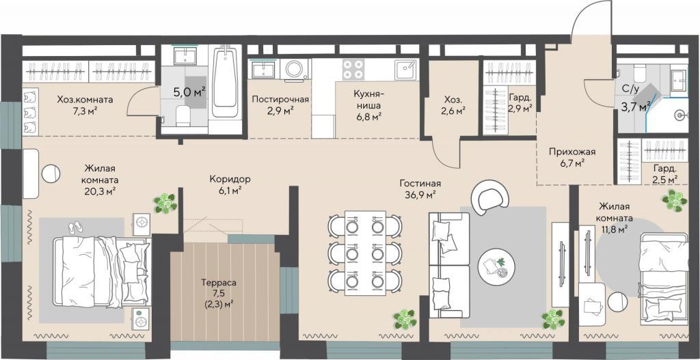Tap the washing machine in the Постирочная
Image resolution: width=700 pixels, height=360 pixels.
294,69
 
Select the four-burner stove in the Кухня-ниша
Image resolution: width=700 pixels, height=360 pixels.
353,69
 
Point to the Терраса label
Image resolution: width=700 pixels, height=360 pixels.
218,283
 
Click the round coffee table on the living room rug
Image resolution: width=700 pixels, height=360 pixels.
496,267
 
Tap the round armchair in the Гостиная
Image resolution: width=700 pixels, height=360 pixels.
490,197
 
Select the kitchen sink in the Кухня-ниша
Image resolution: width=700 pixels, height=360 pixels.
406,70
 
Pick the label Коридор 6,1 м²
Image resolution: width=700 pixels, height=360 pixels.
230,184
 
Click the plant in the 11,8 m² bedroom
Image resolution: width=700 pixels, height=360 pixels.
674,200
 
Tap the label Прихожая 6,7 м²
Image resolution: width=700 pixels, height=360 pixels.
572,158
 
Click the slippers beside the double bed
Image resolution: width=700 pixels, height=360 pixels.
75,227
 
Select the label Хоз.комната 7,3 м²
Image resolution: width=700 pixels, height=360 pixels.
85,105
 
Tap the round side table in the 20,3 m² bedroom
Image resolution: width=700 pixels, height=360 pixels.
51,174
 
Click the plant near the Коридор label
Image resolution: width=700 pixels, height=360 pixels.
165,204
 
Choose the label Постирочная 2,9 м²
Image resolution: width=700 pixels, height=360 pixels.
280,105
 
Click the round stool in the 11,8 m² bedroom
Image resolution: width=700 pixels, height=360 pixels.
617,301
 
